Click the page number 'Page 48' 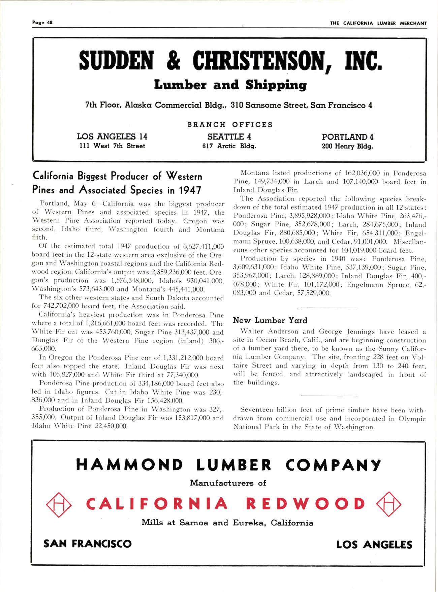pyautogui.click(x=42, y=23)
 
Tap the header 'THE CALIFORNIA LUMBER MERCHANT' pyautogui.click(x=378, y=23)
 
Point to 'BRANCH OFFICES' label pyautogui.click(x=230, y=125)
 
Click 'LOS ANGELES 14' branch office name pyautogui.click(x=112, y=137)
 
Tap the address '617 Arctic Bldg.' pyautogui.click(x=229, y=146)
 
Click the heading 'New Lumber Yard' pyautogui.click(x=270, y=320)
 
